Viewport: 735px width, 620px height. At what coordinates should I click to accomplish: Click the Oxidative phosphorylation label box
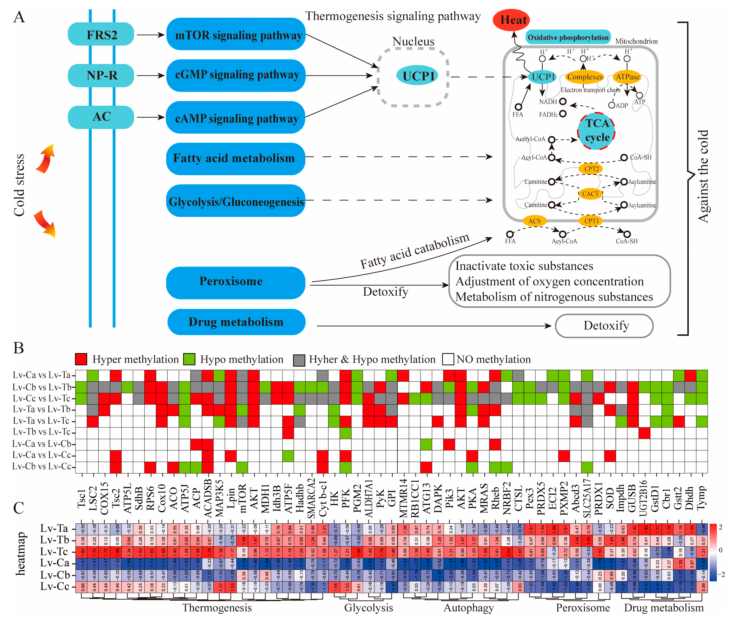[568, 37]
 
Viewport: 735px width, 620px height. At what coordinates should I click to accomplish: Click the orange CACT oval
[590, 194]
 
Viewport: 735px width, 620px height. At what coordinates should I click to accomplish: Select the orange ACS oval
[534, 221]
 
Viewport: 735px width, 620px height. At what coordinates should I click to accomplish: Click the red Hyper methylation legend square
[81, 359]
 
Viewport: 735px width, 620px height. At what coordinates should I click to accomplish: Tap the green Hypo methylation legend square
[189, 359]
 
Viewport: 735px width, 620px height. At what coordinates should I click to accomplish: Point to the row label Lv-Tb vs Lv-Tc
[41, 432]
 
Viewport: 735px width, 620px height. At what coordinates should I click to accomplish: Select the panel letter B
[18, 348]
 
